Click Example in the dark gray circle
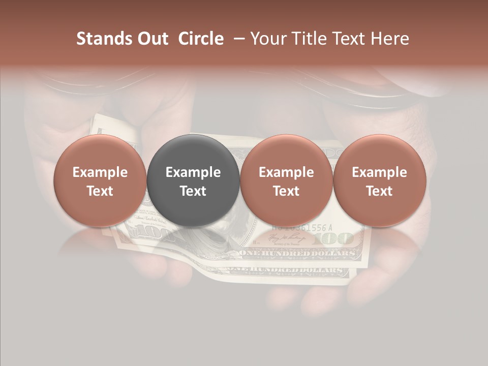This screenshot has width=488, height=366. click(193, 172)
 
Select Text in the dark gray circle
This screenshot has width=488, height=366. click(193, 191)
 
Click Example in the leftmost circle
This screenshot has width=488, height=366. click(100, 172)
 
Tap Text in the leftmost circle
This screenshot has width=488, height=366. click(100, 191)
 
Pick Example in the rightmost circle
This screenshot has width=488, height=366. click(379, 172)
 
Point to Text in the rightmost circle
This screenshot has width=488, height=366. click(379, 191)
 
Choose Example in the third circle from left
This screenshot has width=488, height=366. click(286, 172)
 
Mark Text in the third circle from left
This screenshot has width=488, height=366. click(286, 191)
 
